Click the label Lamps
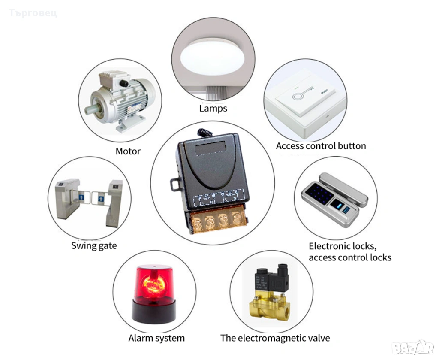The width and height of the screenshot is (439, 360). tap(213, 108)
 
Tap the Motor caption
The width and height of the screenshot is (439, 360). tap(128, 151)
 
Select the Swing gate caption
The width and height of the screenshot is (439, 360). tap(93, 246)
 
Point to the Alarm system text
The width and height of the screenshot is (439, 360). tap(156, 338)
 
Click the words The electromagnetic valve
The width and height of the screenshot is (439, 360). tap(275, 338)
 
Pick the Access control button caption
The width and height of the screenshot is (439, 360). tap(321, 146)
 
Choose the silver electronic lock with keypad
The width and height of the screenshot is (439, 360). tap(334, 200)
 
